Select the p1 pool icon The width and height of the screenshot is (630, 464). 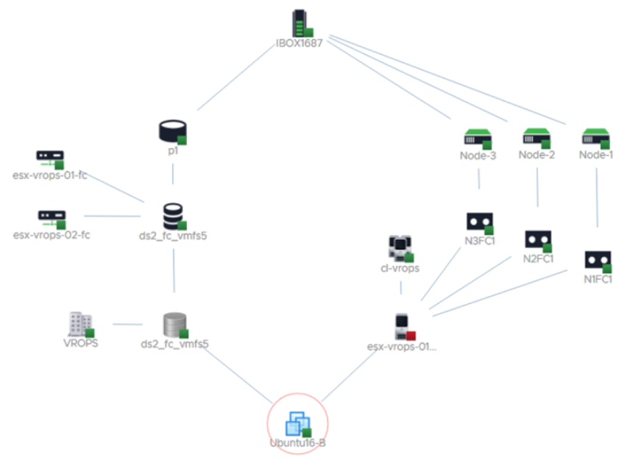click(x=172, y=131)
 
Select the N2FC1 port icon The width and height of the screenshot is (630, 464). click(x=538, y=239)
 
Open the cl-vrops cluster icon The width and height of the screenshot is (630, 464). click(x=400, y=248)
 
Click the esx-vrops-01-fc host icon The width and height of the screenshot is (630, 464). click(x=50, y=158)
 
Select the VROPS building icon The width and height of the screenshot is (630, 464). click(x=80, y=324)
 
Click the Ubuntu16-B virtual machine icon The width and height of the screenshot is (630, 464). click(x=298, y=423)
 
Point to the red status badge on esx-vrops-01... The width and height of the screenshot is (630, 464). click(x=412, y=335)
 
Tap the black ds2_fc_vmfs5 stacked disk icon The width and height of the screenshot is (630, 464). click(x=173, y=217)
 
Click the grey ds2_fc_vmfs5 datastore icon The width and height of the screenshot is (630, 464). click(x=174, y=324)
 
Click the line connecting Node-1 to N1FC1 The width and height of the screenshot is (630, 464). click(x=596, y=195)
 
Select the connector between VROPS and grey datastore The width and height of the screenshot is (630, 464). click(x=127, y=324)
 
